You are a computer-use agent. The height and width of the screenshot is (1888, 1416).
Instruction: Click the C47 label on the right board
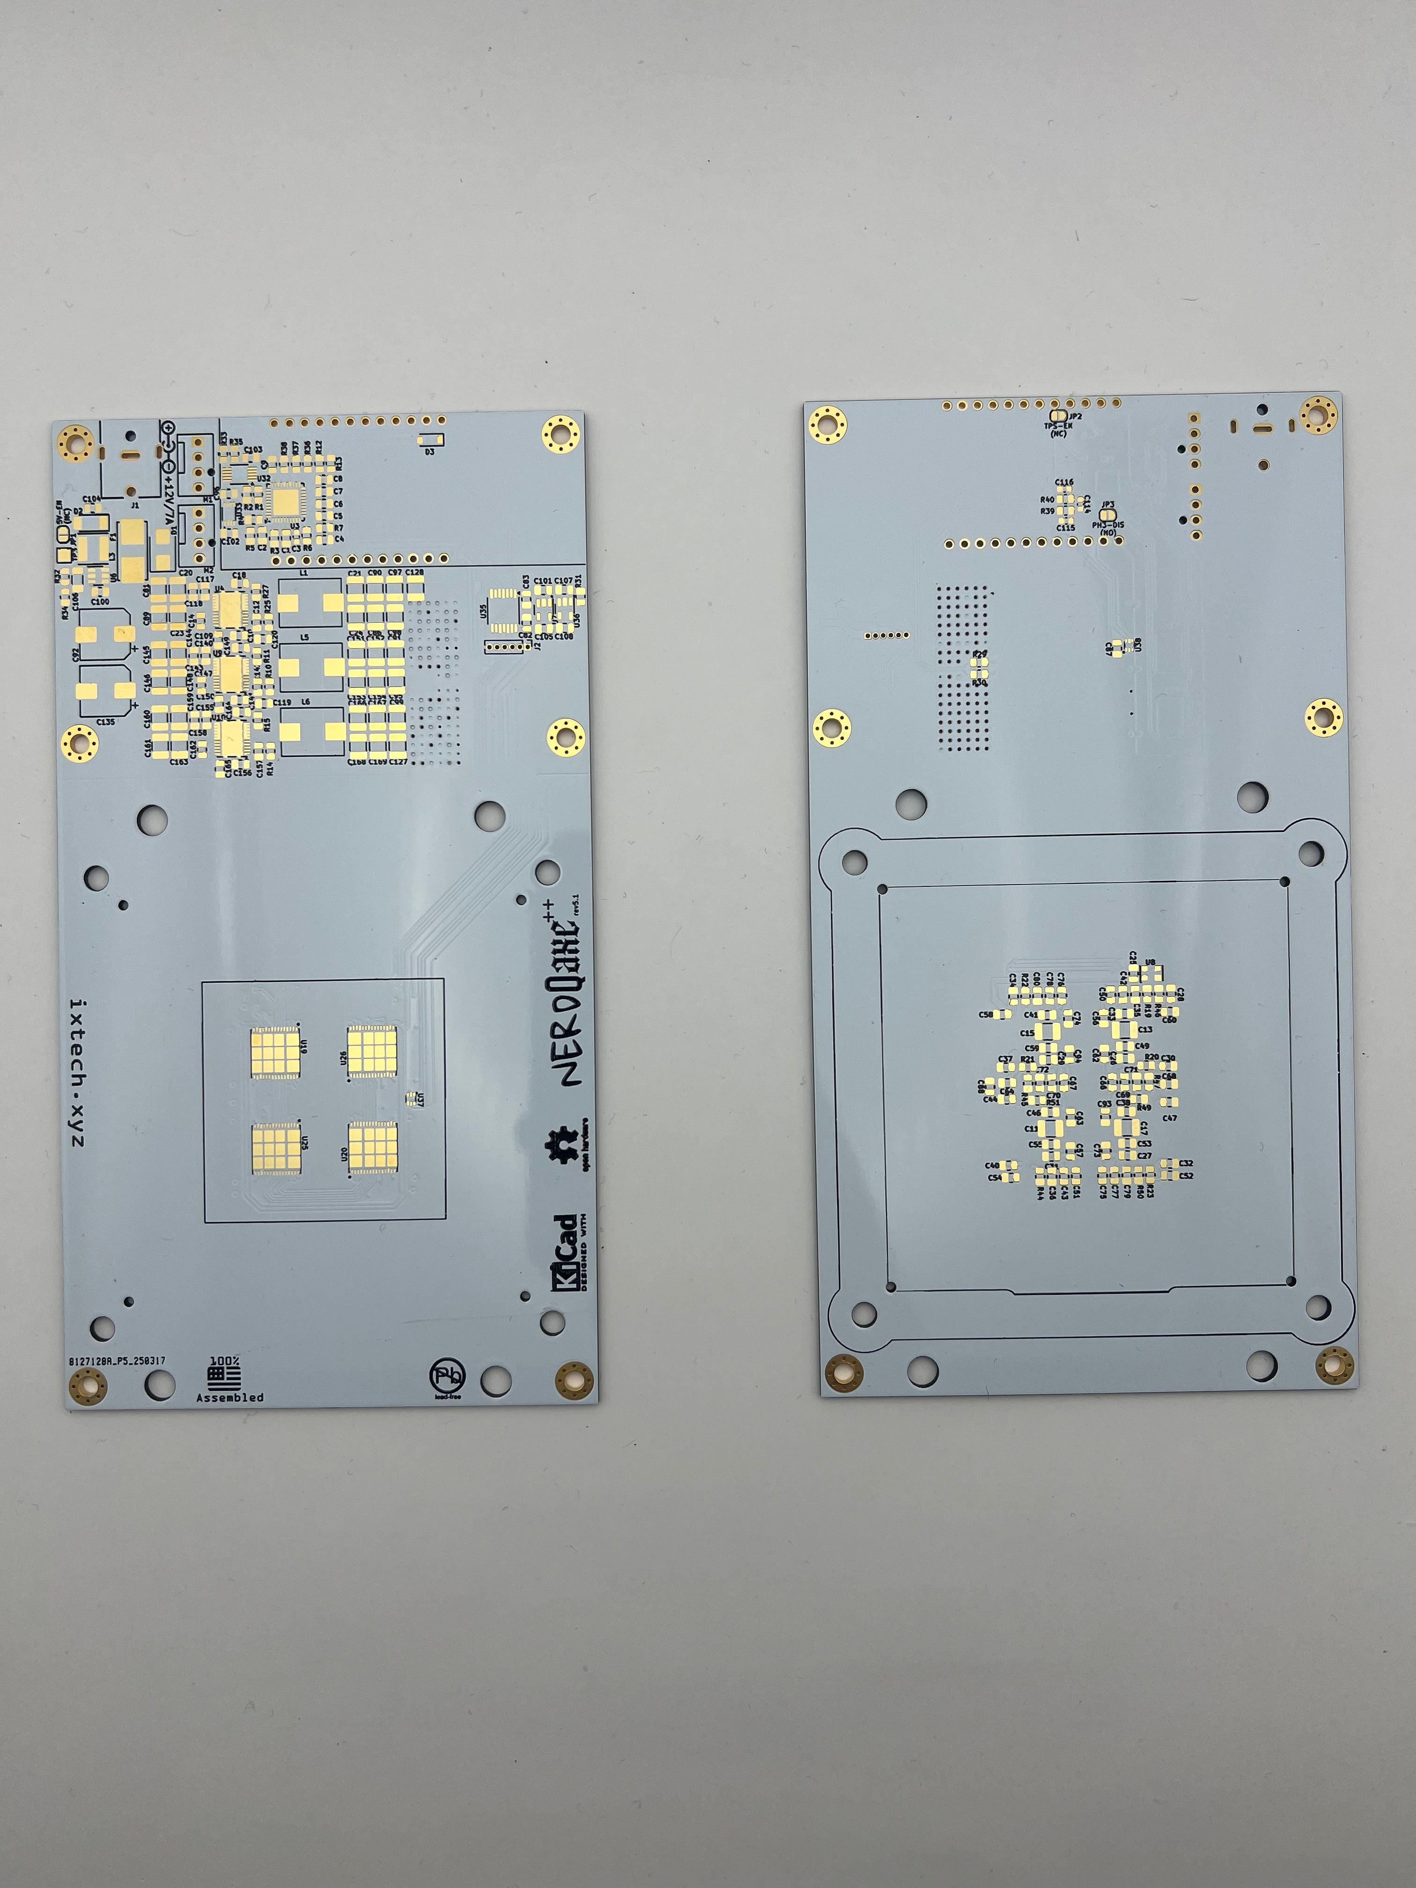(1169, 1118)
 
